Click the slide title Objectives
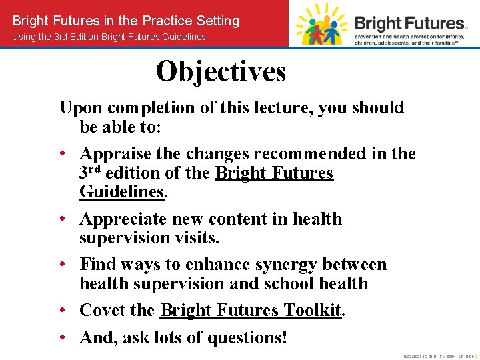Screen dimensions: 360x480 point(221,71)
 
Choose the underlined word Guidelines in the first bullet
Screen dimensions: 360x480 point(121,192)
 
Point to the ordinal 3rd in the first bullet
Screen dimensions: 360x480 point(90,173)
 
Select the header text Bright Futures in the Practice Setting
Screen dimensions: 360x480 point(126,21)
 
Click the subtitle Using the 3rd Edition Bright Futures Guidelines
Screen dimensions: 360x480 point(109,37)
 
